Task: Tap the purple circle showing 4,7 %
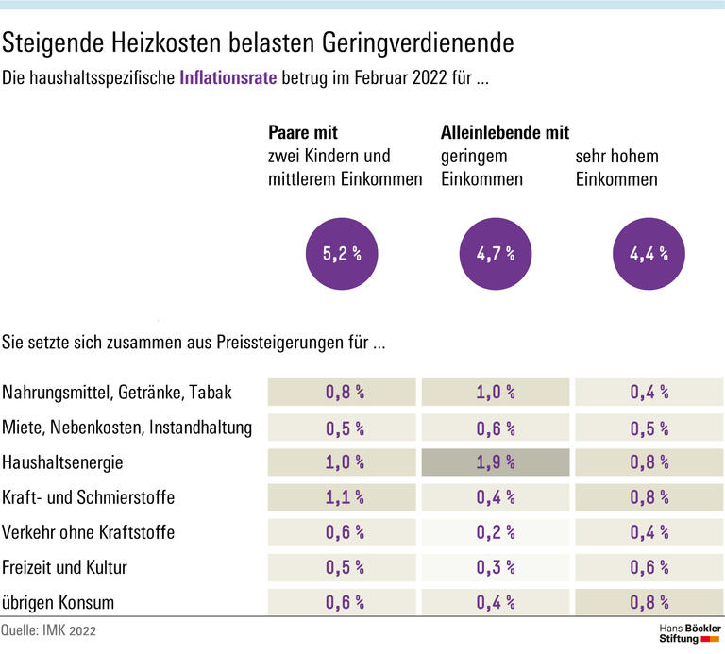[495, 252]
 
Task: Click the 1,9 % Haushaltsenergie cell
[495, 462]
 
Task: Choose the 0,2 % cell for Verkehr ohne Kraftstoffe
[495, 532]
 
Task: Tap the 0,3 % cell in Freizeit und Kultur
[495, 567]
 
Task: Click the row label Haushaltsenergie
[63, 462]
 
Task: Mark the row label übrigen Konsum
[58, 603]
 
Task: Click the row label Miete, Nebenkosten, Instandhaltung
[127, 428]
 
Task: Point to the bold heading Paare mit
[303, 133]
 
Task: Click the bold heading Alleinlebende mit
[505, 133]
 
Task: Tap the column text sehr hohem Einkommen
[617, 167]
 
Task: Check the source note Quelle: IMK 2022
[49, 629]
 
